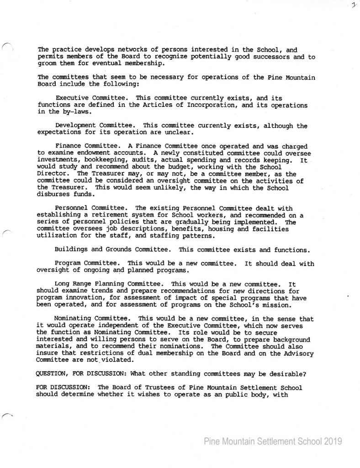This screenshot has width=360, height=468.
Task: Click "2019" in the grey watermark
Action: tap(332, 441)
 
